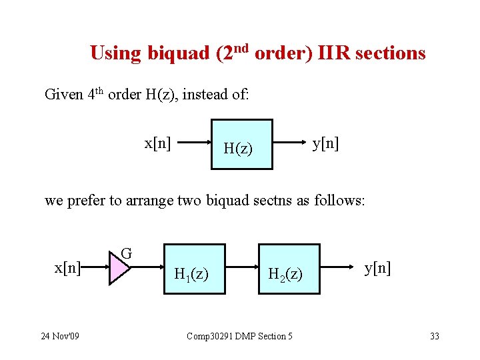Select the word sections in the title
[x=390, y=53]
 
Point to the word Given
[x=63, y=95]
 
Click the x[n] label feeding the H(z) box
[x=157, y=143]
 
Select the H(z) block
[x=241, y=144]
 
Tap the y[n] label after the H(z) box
[x=326, y=143]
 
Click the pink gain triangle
[x=119, y=269]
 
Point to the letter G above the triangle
[x=126, y=253]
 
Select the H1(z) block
[x=195, y=269]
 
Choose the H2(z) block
[x=289, y=269]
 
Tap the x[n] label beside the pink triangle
[x=67, y=268]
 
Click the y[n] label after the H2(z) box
[x=377, y=268]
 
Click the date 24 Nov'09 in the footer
[x=59, y=336]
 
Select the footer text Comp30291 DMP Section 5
[x=239, y=336]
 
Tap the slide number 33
[x=434, y=336]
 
